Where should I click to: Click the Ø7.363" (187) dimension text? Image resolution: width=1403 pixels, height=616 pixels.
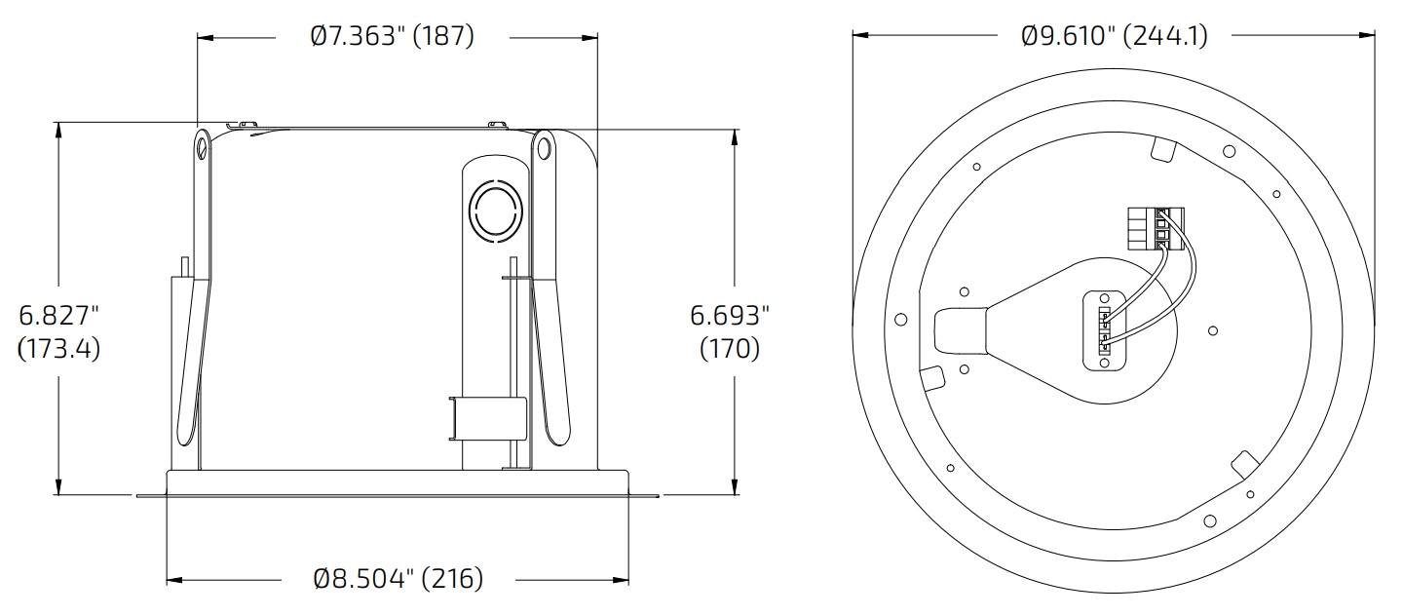(392, 37)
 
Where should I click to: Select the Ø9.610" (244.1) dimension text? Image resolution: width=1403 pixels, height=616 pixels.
(1114, 36)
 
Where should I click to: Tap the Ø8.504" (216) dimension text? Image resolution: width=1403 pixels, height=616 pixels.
(398, 579)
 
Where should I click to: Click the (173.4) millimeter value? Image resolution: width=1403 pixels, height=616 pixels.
(59, 348)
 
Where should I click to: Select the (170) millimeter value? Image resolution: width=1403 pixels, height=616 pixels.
(730, 348)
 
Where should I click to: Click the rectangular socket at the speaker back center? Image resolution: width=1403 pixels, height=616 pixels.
(1104, 329)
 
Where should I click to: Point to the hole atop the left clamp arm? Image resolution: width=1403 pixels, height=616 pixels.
(202, 148)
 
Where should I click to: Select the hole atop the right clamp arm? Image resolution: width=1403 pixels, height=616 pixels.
(543, 149)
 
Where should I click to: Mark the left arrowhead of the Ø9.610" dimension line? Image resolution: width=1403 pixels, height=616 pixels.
(859, 35)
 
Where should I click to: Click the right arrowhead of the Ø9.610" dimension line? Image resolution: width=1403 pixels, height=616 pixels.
(1368, 35)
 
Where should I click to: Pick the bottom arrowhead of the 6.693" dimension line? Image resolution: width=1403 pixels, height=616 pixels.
(733, 488)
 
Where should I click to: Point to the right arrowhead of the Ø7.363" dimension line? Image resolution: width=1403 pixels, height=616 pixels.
(590, 38)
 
